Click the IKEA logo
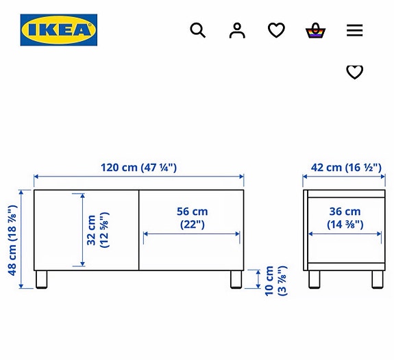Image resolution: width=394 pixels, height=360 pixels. tap(59, 30)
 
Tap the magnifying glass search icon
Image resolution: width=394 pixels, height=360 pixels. tap(198, 30)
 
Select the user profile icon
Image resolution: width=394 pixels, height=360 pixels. tap(237, 30)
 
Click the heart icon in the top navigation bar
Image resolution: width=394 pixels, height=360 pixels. tap(276, 30)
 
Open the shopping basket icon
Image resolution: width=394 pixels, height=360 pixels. tap(315, 30)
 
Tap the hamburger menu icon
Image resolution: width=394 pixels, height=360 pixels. tap(354, 30)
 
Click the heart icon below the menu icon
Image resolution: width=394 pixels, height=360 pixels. tap(354, 72)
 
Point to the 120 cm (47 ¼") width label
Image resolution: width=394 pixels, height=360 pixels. tap(138, 168)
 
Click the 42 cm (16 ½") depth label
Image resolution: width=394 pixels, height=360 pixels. tap(346, 168)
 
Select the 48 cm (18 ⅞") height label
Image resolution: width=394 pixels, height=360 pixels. tap(12, 240)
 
